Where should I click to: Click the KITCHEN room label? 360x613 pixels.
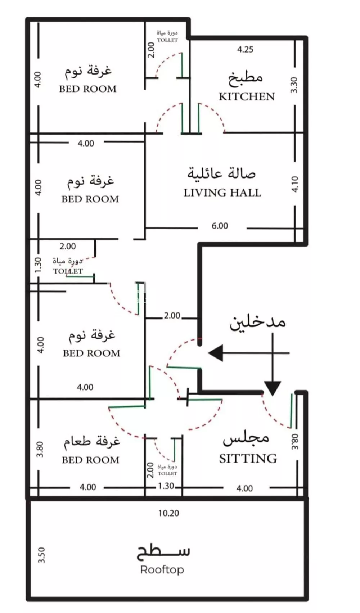click(x=247, y=96)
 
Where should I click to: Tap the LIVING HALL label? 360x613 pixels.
click(x=222, y=193)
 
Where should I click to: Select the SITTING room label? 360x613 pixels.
click(x=248, y=458)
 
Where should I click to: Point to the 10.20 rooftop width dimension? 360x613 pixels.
click(x=168, y=513)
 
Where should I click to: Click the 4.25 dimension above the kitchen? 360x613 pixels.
click(x=245, y=50)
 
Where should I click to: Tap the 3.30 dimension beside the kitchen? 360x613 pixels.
click(x=294, y=85)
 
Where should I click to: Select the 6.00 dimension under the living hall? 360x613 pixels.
click(x=220, y=226)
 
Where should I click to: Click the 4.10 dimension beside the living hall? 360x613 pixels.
click(x=294, y=184)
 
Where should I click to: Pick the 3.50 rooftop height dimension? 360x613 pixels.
click(x=41, y=555)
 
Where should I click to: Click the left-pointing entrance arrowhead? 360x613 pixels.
click(x=216, y=353)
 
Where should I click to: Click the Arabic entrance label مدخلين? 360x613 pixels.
click(x=258, y=323)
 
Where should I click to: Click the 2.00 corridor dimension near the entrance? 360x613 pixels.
click(x=172, y=316)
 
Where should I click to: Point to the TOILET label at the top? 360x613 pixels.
click(x=167, y=40)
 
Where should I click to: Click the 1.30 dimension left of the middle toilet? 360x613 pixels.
click(x=38, y=265)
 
